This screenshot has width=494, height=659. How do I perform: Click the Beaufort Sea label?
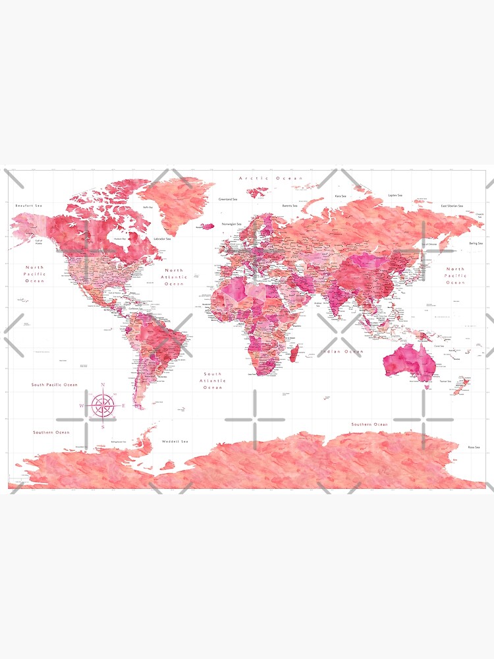coord(28,206)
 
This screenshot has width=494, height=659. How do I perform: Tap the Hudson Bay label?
coord(120,239)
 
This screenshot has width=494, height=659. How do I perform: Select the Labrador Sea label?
coord(162,238)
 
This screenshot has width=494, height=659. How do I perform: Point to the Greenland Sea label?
coord(228,198)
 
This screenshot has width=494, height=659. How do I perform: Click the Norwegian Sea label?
coord(231,224)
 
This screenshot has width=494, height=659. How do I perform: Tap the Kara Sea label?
coord(341,196)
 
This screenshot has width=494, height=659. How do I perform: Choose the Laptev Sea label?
coord(395,195)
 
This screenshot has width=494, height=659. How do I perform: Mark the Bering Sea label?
coord(475,243)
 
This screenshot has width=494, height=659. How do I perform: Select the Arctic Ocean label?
coord(271,178)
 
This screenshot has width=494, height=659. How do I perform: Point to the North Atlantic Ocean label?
coord(175,277)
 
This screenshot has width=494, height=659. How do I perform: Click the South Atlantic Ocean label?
coord(213,381)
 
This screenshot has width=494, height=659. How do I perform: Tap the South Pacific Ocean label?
coord(54,384)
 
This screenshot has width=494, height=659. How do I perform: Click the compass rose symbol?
coord(103,405)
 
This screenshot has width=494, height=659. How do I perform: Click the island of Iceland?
coord(207,226)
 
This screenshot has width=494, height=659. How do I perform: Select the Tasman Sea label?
coord(445,381)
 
